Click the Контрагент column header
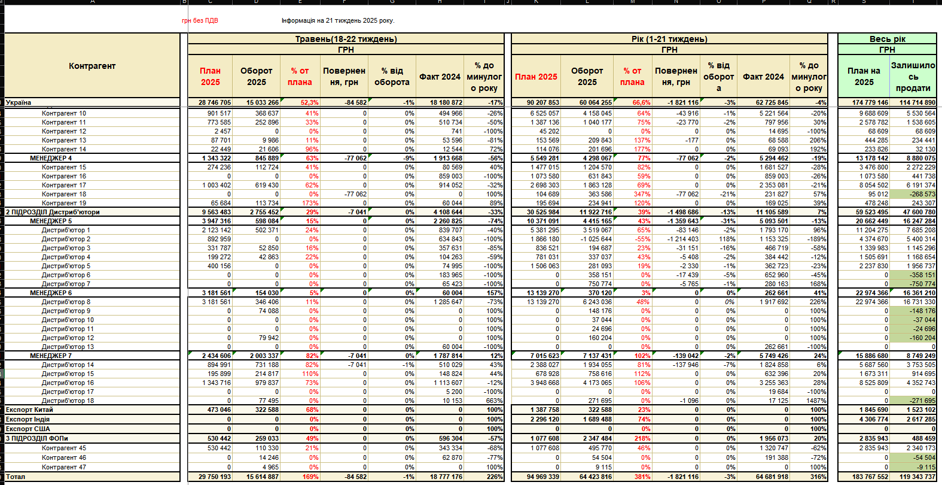point(92,66)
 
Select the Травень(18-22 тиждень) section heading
point(346,39)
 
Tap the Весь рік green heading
point(887,39)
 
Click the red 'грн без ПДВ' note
point(200,20)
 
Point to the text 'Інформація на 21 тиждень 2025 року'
point(338,20)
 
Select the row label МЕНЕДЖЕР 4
point(51,158)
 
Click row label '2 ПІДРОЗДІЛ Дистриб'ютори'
point(53,212)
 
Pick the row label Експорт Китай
point(29,410)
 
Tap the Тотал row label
point(16,477)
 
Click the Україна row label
point(19,102)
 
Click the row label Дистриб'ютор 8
point(66,302)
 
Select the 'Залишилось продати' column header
point(913,77)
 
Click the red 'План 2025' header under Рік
point(536,77)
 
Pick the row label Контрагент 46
point(64,457)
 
